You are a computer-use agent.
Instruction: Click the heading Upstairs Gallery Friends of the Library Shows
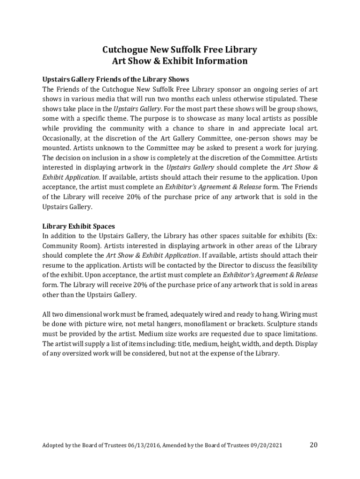(115, 79)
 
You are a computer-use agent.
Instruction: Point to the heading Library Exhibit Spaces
(79, 226)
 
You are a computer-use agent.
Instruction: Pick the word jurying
(304, 148)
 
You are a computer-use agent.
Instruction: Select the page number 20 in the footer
(313, 444)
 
